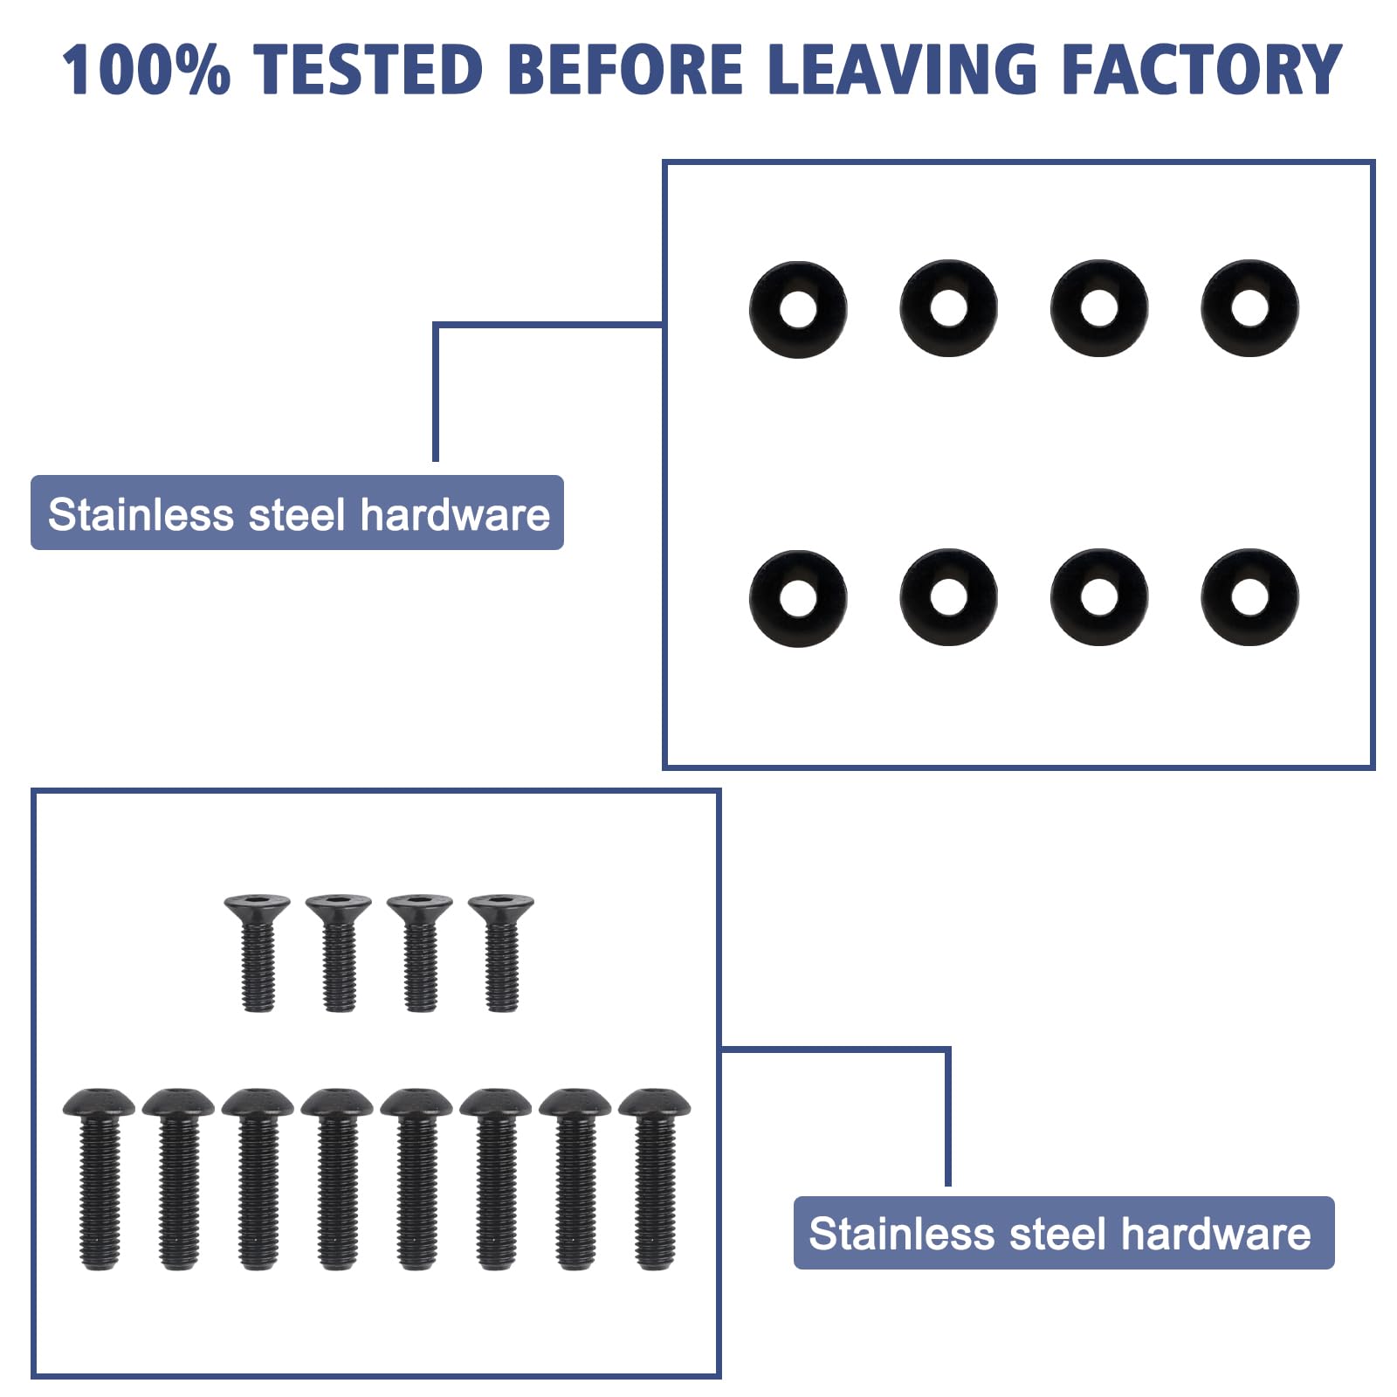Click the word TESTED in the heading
[x=370, y=69]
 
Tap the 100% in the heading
[x=146, y=69]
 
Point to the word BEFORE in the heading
[x=625, y=69]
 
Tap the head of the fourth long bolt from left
[x=337, y=1103]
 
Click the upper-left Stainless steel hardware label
[x=297, y=513]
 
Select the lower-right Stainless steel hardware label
[x=1063, y=1233]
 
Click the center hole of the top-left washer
[x=798, y=309]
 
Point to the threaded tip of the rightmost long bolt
[x=655, y=1258]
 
